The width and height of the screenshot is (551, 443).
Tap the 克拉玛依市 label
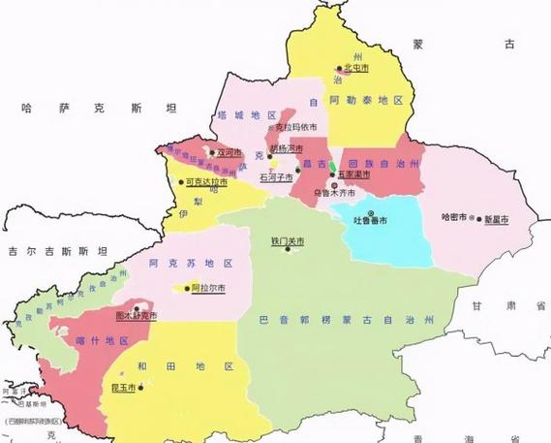pyautogui.click(x=296, y=127)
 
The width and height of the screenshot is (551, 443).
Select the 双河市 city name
pyautogui.click(x=230, y=152)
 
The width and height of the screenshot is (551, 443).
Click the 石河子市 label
pyautogui.click(x=278, y=177)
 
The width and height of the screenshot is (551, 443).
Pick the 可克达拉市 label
pyautogui.click(x=206, y=181)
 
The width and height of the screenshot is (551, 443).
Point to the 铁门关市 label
pyautogui.click(x=288, y=241)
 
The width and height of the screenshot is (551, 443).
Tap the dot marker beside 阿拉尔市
pyautogui.click(x=187, y=288)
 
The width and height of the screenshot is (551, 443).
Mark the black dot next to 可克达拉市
pyautogui.click(x=180, y=181)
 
